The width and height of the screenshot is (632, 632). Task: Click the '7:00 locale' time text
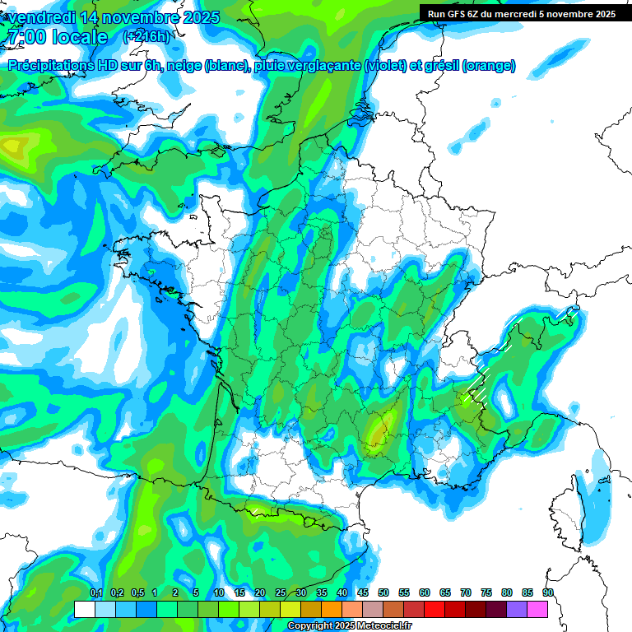57,37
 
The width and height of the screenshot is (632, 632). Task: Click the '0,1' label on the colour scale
95,593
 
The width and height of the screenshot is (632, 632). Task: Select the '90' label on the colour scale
547,593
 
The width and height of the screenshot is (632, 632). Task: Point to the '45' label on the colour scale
363,593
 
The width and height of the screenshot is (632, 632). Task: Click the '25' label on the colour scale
281,593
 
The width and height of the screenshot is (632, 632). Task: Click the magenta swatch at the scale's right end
537,609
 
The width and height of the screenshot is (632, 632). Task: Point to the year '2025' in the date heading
200,17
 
